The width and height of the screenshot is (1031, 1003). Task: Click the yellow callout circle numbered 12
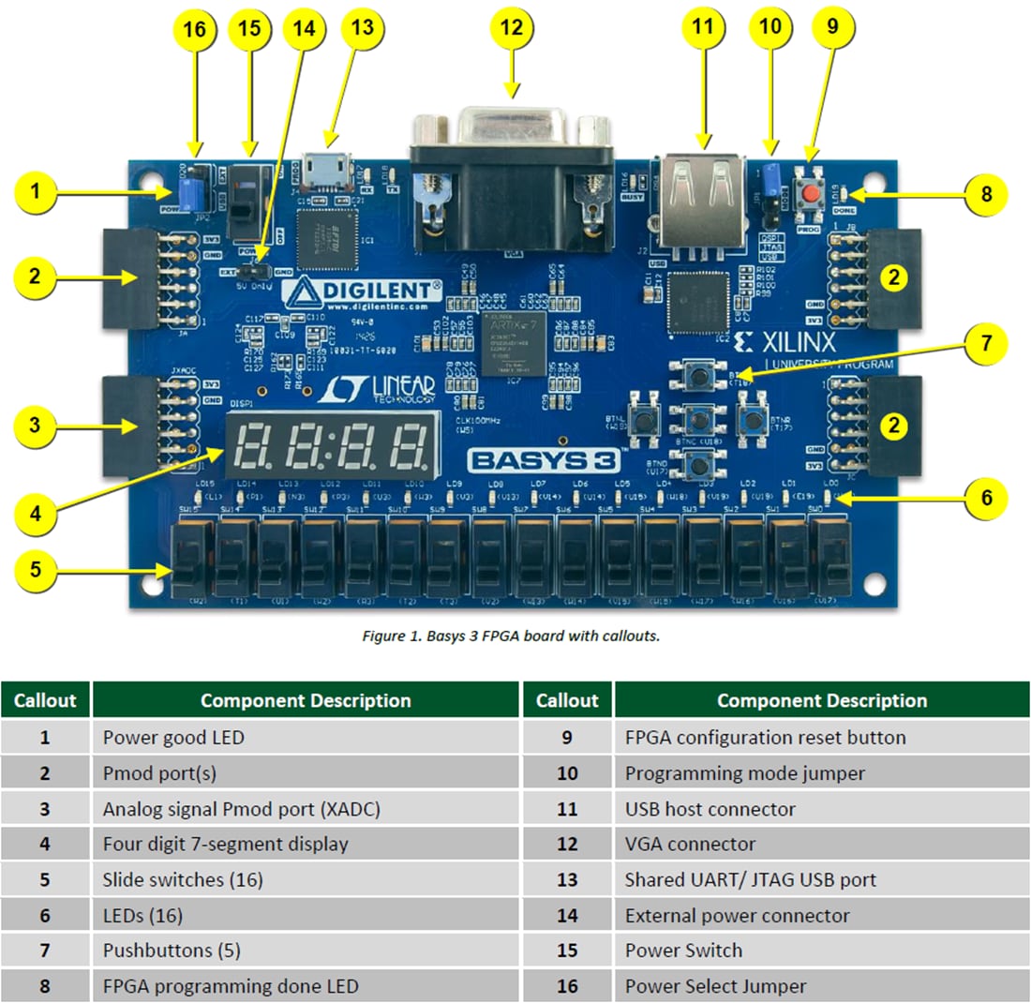pyautogui.click(x=511, y=29)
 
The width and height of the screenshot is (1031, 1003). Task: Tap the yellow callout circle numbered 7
pyautogui.click(x=985, y=343)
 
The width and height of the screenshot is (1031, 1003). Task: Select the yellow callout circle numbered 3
pyautogui.click(x=35, y=425)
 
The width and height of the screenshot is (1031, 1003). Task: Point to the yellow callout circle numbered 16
pyautogui.click(x=193, y=29)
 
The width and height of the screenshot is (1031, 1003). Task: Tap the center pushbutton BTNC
pyautogui.click(x=696, y=419)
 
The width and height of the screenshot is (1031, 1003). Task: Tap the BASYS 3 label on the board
pyautogui.click(x=530, y=459)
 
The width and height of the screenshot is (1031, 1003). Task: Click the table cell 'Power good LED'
pyautogui.click(x=173, y=737)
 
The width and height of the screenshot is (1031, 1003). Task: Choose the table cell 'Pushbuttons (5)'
pyautogui.click(x=172, y=950)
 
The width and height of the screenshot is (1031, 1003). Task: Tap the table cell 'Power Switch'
pyautogui.click(x=683, y=950)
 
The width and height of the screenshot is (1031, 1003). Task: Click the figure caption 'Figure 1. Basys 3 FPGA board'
pyautogui.click(x=511, y=636)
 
